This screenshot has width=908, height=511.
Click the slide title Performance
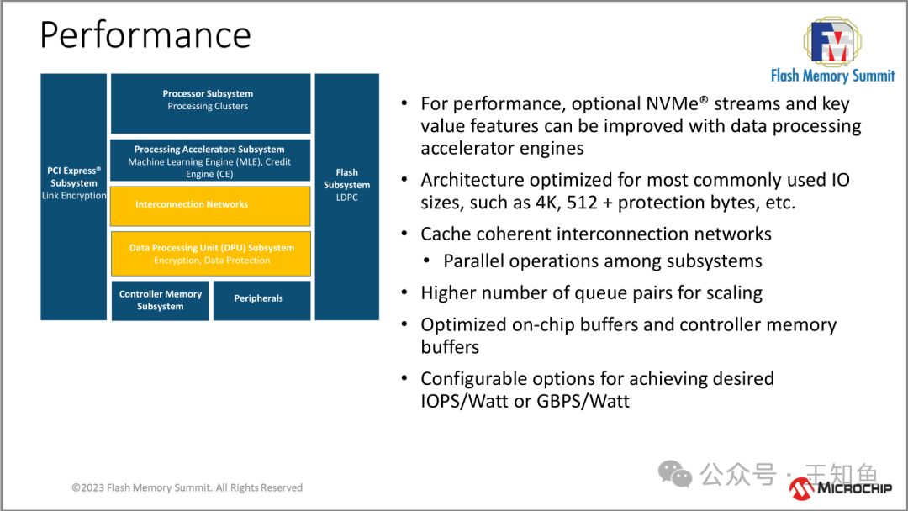145,35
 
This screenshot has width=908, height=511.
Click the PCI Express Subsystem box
74,197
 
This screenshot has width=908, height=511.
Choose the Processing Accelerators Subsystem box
210,161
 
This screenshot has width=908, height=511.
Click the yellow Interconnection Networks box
210,205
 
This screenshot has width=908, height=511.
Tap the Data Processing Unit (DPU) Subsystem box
211,254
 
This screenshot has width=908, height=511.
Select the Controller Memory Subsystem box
160,301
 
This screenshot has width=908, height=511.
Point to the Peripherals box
261,299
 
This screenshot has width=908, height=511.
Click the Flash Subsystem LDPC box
346,197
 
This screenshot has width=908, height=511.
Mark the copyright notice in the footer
187,487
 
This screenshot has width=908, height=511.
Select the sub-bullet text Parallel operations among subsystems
603,261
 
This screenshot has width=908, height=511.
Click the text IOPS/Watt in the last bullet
464,401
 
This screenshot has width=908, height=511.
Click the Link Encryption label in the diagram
74,196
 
